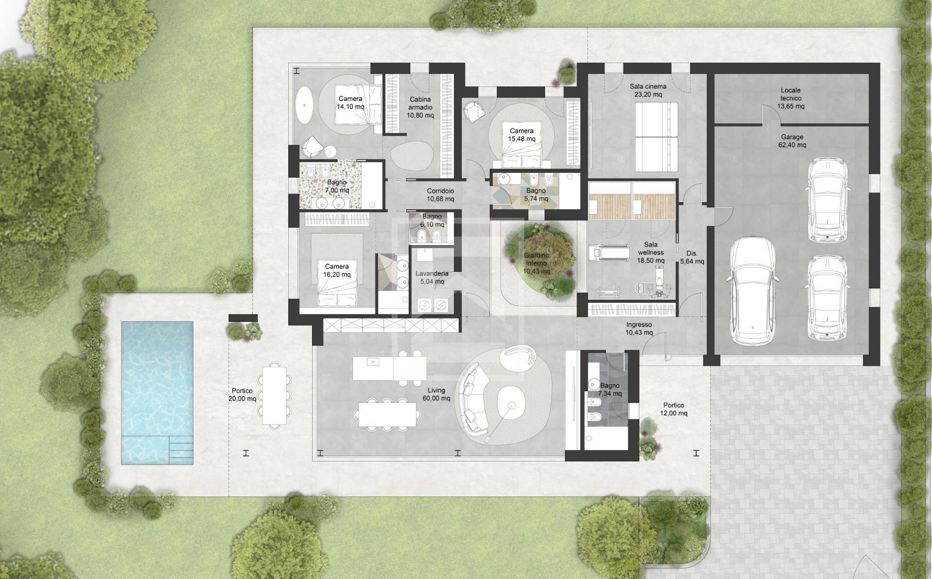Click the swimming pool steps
181,450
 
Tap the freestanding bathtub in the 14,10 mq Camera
306,103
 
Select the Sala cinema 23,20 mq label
648,90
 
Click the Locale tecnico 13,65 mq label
791,98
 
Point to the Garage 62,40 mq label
792,141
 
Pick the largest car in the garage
752,290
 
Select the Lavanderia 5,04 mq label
432,277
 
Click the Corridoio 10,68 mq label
440,195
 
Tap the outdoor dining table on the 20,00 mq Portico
274,395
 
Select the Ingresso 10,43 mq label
639,329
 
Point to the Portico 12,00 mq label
674,409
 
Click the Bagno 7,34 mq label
610,390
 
